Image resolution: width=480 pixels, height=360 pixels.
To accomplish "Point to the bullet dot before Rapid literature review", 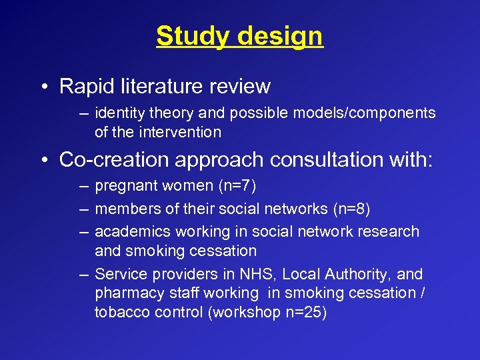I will (x=43, y=87).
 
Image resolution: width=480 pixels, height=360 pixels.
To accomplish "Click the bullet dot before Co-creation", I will (x=43, y=161).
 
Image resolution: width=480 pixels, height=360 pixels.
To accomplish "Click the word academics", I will (x=129, y=232).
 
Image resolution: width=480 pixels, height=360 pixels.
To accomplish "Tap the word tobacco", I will (x=121, y=313).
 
